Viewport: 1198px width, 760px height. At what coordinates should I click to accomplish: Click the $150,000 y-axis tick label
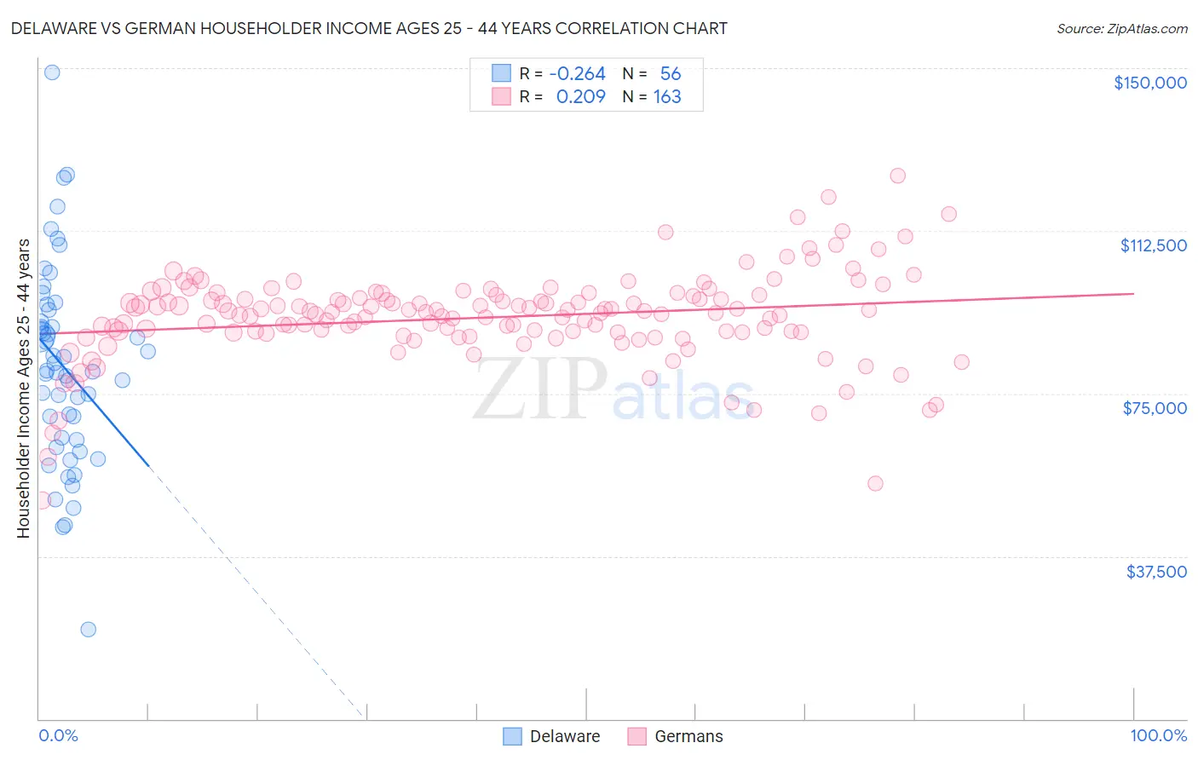coord(1149,83)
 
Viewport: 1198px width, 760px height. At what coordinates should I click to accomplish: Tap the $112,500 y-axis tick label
coord(1153,245)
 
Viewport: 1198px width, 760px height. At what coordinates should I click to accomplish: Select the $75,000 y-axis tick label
coord(1155,408)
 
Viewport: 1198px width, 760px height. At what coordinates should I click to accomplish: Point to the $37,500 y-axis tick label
coord(1156,572)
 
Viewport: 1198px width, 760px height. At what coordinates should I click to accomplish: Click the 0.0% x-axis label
coord(58,736)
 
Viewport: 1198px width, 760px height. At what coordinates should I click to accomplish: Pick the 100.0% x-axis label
coord(1158,736)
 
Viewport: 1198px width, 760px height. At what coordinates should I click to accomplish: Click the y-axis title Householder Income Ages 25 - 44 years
coord(23,389)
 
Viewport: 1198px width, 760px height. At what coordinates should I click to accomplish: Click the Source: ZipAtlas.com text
coord(1121,29)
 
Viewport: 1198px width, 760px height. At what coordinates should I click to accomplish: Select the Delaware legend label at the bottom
coord(564,737)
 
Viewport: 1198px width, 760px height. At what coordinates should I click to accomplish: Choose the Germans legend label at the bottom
coord(688,737)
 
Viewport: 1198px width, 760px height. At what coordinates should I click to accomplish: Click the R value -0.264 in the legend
coord(577,74)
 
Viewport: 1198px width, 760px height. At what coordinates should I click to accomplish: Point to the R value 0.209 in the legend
coord(580,97)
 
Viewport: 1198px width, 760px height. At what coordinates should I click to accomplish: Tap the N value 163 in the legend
coord(667,97)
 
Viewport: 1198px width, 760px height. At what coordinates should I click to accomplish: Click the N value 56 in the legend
coord(671,74)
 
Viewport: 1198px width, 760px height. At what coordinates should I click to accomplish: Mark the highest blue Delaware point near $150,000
coord(52,72)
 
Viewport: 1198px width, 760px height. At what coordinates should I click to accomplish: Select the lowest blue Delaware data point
coord(88,630)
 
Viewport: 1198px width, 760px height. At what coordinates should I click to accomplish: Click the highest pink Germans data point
coord(897,176)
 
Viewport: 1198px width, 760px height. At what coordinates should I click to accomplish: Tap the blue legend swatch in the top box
coord(501,74)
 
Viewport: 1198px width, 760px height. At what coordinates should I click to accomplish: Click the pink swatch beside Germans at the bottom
coord(636,737)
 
